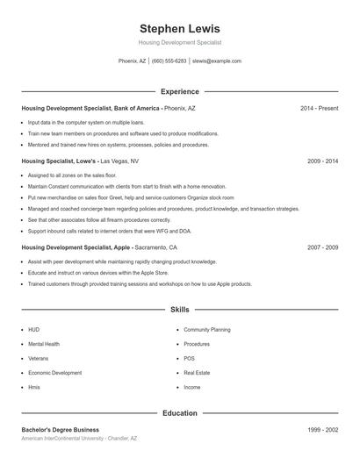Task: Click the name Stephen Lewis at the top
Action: click(x=180, y=28)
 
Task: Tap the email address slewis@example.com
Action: click(x=216, y=61)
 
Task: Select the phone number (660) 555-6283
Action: click(x=169, y=61)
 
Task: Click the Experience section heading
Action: click(x=180, y=91)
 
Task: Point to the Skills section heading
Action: click(x=180, y=310)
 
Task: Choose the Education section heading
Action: click(x=180, y=412)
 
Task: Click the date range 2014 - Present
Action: click(x=319, y=108)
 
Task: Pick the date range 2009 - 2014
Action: click(x=322, y=161)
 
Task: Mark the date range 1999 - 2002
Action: click(x=322, y=430)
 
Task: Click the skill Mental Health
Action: click(x=44, y=344)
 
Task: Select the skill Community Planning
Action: click(x=207, y=330)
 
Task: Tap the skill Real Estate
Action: click(x=197, y=373)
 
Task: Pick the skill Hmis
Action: click(x=34, y=387)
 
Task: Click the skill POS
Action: click(x=189, y=358)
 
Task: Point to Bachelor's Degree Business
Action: click(x=61, y=430)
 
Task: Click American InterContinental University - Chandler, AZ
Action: click(x=80, y=438)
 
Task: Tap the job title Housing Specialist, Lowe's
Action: click(x=60, y=161)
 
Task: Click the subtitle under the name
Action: click(x=180, y=42)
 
